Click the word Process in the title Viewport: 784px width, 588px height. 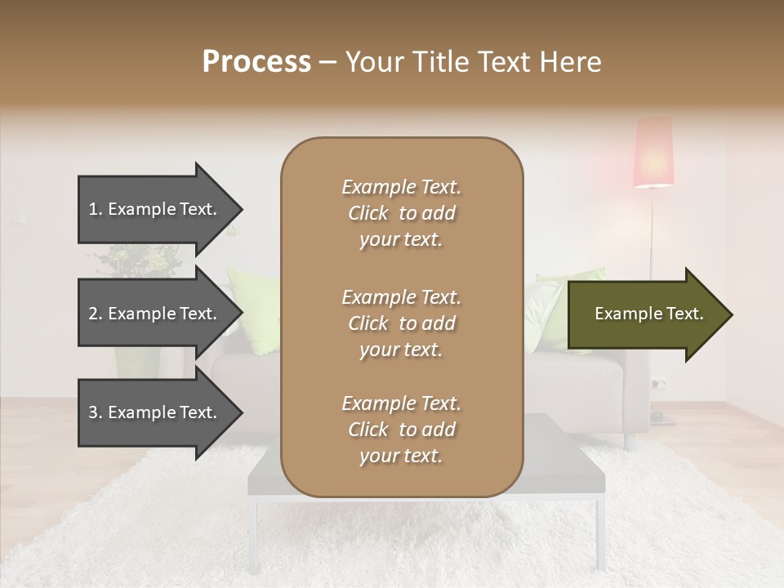(x=256, y=62)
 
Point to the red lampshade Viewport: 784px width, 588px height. (x=654, y=153)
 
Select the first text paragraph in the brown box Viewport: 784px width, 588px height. (x=401, y=213)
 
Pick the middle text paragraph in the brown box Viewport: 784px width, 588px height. (x=401, y=323)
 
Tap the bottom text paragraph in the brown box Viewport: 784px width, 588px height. (x=401, y=430)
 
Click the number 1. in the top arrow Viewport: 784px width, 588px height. (x=95, y=209)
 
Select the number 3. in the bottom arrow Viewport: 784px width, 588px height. (x=96, y=412)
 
